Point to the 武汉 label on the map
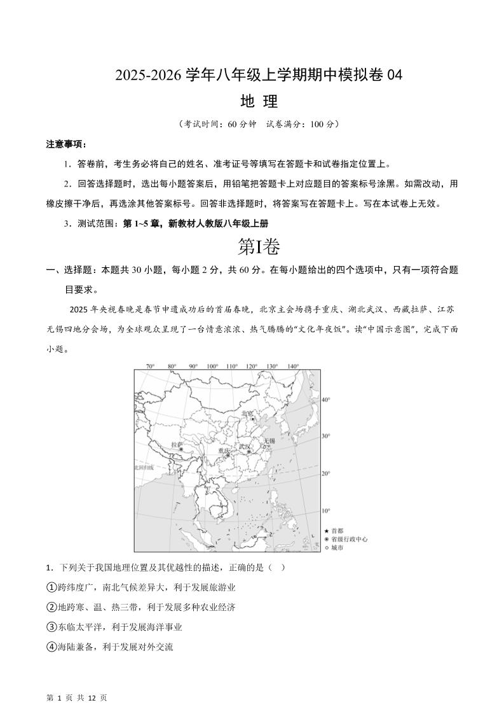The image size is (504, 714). [x=245, y=447]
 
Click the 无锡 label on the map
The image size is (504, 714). [x=269, y=440]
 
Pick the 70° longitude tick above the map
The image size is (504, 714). [x=151, y=367]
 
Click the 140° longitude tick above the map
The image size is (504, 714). [x=292, y=367]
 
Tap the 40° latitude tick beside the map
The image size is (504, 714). [x=326, y=400]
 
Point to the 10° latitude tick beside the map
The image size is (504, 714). [x=326, y=511]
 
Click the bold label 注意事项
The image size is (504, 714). [x=66, y=144]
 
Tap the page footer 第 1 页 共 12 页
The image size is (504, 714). [x=77, y=698]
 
